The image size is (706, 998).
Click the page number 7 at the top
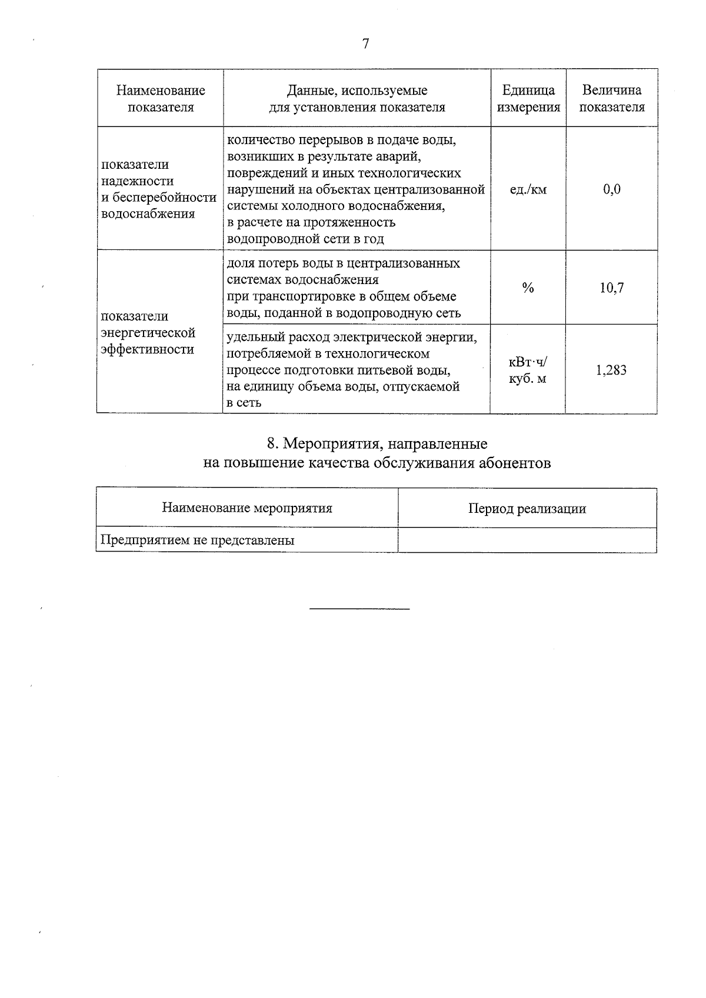365,44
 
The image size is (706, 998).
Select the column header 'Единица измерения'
528,98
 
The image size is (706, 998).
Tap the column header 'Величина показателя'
611,98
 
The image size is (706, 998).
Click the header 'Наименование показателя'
160,98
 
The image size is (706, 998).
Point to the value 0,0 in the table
611,189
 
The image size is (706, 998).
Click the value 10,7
611,288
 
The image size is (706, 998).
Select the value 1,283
611,370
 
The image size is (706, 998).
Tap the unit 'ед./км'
528,189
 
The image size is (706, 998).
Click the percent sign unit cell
528,288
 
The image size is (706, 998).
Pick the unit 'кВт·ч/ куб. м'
528,371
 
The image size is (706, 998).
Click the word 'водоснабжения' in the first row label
148,213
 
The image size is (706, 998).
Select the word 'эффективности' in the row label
147,349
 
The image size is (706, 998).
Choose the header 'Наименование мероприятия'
247,508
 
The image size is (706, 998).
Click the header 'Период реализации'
527,509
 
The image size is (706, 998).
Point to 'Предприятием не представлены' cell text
197,540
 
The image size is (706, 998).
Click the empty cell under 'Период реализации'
527,540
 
